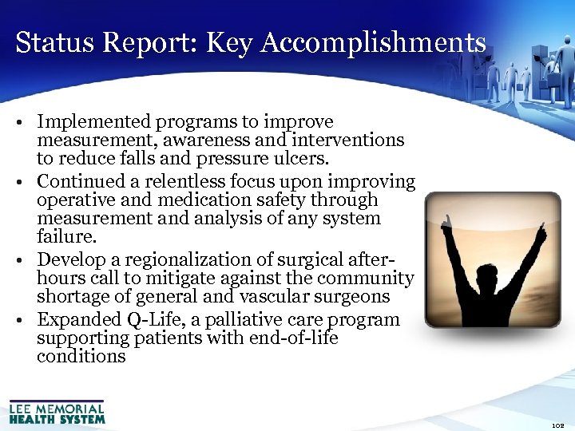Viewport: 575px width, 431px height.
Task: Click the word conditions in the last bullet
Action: [x=81, y=356]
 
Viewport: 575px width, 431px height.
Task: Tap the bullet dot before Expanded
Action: [x=26, y=321]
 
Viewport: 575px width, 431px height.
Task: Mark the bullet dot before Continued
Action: [x=26, y=183]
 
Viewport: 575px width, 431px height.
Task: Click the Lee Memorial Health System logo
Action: [x=57, y=411]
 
